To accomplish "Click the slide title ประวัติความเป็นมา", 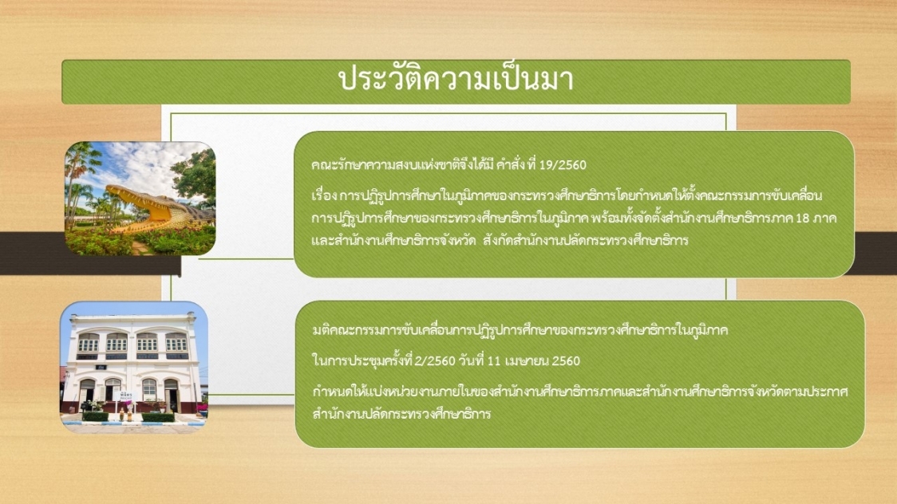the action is [x=456, y=79].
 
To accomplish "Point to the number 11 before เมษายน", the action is [x=494, y=360].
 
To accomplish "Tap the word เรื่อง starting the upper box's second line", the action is [x=324, y=195].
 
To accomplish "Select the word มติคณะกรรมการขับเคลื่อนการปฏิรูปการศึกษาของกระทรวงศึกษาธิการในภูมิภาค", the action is [x=520, y=330].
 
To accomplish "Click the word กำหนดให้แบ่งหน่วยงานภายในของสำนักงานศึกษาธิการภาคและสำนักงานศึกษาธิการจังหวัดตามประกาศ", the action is [x=580, y=392].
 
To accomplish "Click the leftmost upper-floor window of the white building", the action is [x=89, y=342].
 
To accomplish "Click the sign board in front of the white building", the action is [x=125, y=396].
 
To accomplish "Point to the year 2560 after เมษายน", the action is [x=567, y=361].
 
